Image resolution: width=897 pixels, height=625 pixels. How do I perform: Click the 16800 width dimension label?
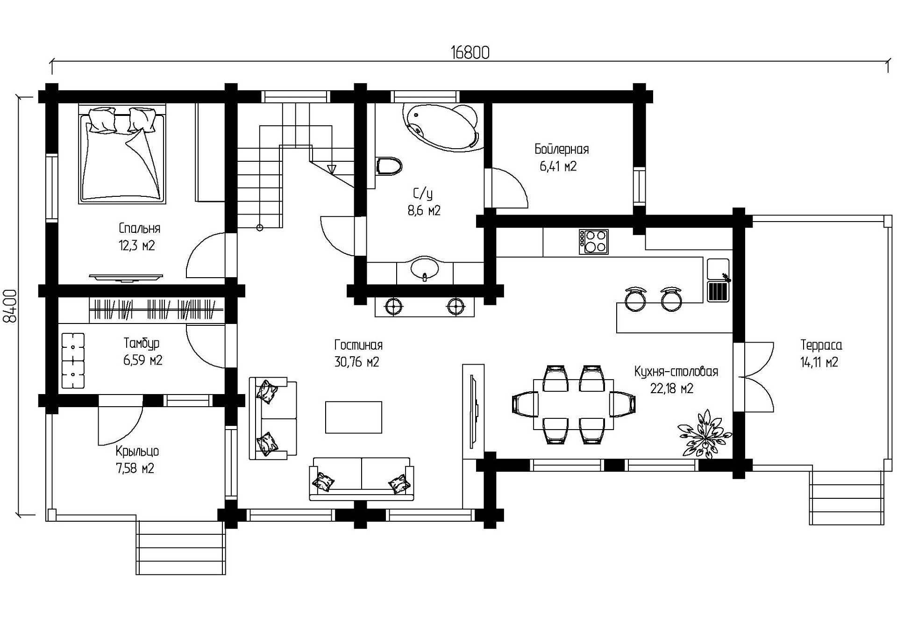pyautogui.click(x=470, y=53)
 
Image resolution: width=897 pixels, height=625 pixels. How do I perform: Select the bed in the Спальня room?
pyautogui.click(x=122, y=154)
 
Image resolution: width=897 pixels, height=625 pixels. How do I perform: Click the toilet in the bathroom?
pyautogui.click(x=388, y=166)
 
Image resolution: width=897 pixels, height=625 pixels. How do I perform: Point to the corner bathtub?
pyautogui.click(x=441, y=127)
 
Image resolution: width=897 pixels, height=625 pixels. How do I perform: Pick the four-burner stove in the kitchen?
pyautogui.click(x=593, y=242)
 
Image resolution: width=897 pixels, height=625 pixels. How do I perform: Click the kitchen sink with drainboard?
pyautogui.click(x=718, y=280)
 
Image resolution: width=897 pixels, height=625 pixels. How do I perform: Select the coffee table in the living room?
pyautogui.click(x=354, y=417)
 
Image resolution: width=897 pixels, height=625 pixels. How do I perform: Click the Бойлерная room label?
pyautogui.click(x=562, y=150)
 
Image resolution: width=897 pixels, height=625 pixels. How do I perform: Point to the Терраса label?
pyautogui.click(x=821, y=345)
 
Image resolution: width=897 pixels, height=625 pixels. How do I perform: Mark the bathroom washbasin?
pyautogui.click(x=424, y=269)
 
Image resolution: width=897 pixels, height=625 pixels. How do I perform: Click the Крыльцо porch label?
pyautogui.click(x=137, y=452)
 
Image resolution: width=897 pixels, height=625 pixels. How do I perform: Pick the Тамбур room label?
pyautogui.click(x=142, y=344)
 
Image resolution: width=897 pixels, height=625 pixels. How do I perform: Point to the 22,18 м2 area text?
pyautogui.click(x=672, y=388)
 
